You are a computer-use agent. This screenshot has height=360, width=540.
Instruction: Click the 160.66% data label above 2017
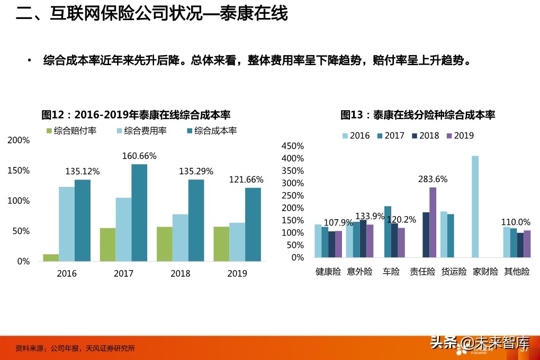point(139,156)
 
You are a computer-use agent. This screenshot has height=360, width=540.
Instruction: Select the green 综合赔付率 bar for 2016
point(51,258)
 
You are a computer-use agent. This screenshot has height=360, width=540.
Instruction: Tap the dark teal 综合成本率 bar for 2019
point(253,224)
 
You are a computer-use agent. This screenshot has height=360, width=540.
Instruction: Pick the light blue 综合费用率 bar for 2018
point(180,238)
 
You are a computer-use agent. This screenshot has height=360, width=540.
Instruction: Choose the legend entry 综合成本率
point(211,130)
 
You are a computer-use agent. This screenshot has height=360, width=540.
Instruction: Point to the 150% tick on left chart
point(19,170)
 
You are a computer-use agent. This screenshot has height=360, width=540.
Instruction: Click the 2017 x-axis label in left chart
point(123,274)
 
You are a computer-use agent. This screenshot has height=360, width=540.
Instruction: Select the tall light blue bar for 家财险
point(475,206)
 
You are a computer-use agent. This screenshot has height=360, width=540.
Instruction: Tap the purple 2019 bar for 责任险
point(433,222)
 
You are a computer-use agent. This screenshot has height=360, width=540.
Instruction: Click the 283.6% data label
point(433,179)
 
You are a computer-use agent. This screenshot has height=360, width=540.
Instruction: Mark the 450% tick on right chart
point(292,146)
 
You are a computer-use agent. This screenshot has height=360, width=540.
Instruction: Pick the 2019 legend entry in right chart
point(459,136)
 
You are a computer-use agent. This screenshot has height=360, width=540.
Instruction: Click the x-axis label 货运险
point(454,272)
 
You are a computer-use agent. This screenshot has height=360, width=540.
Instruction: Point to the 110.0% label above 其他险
point(516,222)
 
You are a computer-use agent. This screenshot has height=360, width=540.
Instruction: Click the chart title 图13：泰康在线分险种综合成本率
point(417,115)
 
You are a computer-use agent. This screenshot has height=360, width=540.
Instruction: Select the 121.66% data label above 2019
point(246,180)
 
